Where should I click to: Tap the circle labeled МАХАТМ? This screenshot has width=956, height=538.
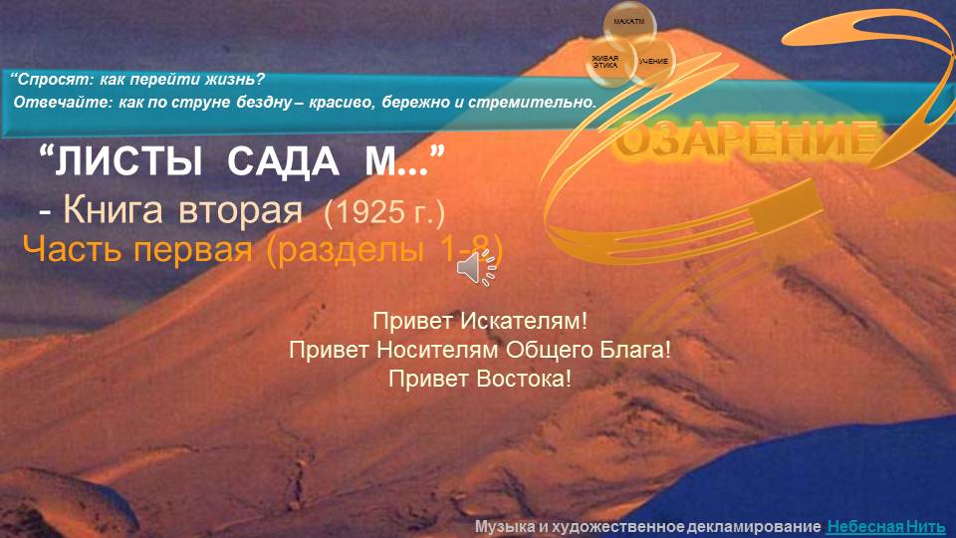pos(629,23)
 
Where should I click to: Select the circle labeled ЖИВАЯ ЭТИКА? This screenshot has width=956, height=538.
pos(604,61)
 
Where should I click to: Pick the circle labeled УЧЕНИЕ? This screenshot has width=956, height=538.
pos(653,62)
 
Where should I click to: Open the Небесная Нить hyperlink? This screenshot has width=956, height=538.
pos(885,525)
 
